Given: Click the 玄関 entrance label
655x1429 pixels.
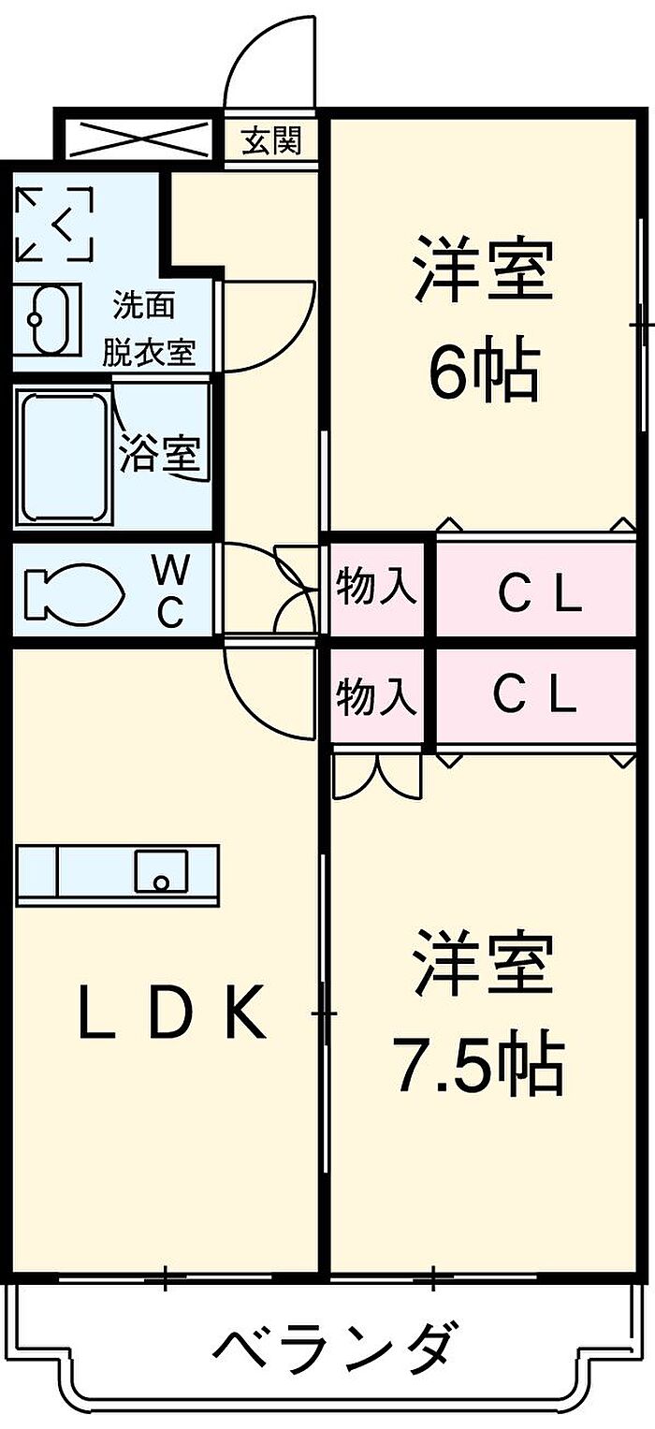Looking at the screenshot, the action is [271, 141].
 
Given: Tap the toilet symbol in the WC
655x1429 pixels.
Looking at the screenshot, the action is [73, 589].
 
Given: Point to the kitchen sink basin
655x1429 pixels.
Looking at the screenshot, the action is [161, 870].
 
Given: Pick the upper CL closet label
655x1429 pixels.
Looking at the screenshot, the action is [540, 596].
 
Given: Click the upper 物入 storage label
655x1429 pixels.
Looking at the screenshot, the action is [377, 586].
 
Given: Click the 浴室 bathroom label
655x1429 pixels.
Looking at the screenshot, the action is [161, 454].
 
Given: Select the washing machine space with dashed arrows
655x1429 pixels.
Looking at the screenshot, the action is [53, 224].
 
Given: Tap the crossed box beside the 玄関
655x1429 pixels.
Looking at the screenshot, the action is [138, 138].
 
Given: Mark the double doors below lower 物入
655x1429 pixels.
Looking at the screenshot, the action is [377, 775].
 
